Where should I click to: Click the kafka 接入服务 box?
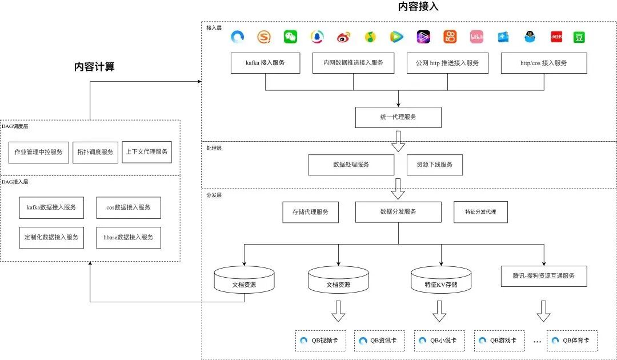[265, 63]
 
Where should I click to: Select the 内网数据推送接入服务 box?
[354, 63]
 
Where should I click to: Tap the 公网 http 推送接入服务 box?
[447, 63]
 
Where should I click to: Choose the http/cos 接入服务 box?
[544, 63]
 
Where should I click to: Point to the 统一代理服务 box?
[398, 117]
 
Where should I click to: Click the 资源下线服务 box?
[434, 165]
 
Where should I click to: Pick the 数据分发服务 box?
[398, 212]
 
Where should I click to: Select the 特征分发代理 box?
[480, 212]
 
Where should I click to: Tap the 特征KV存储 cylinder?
[441, 280]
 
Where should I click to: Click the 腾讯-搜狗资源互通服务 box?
[544, 276]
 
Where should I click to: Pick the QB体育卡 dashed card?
[572, 341]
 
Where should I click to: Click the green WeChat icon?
[290, 37]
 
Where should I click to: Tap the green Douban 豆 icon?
[579, 37]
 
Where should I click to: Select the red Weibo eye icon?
[343, 37]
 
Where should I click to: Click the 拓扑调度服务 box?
[95, 152]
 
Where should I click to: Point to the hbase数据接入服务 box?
[129, 238]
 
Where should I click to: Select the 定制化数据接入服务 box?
[51, 238]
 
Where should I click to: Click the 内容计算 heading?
[94, 67]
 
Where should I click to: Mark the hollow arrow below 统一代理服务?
[398, 141]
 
